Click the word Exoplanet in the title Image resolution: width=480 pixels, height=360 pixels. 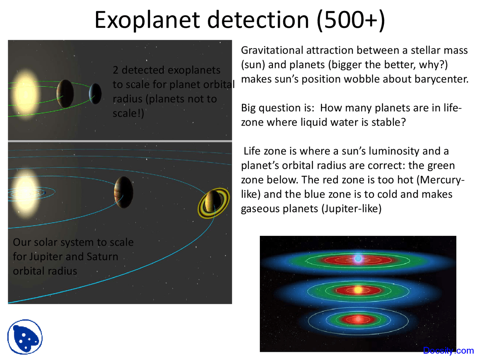point(147,20)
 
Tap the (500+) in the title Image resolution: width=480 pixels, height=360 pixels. point(350,20)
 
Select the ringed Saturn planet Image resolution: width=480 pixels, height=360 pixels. point(213,203)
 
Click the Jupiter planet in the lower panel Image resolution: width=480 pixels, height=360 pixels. point(124,192)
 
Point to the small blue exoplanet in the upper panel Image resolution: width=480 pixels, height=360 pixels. point(95,93)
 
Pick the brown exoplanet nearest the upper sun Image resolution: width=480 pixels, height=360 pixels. point(65,93)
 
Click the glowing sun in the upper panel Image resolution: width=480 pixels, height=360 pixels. point(26,94)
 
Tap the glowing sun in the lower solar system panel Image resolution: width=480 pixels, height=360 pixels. point(26,192)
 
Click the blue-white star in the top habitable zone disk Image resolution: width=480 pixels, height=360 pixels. point(358,258)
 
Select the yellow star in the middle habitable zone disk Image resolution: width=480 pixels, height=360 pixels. point(358,290)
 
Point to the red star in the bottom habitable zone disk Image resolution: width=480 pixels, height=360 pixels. point(358,319)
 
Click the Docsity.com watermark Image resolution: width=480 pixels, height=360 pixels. point(448,351)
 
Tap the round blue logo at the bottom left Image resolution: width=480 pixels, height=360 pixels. point(25,337)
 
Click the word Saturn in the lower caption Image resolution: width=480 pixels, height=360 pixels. point(102,256)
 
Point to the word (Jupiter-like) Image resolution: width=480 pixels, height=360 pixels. point(351,209)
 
